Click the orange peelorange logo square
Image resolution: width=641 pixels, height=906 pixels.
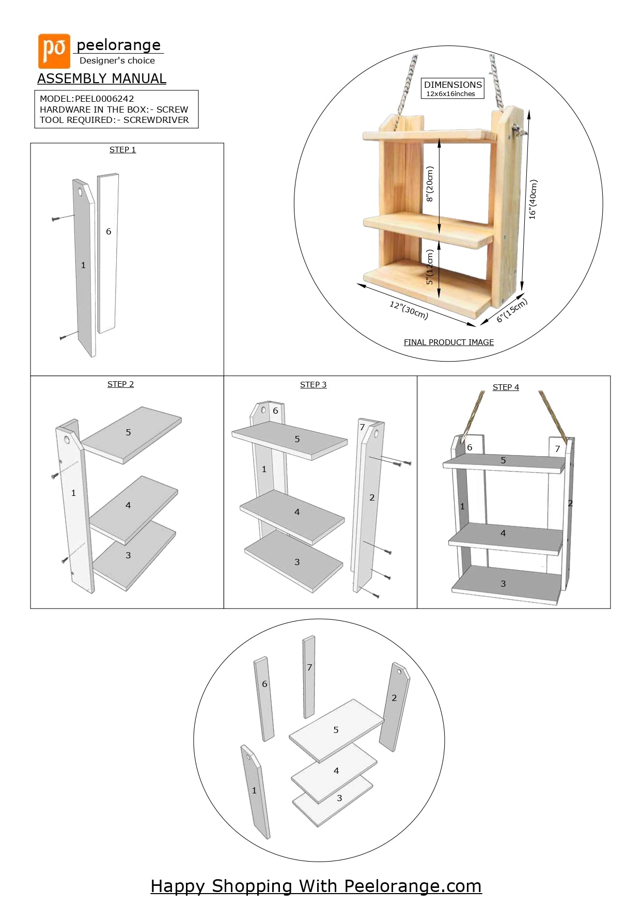54,51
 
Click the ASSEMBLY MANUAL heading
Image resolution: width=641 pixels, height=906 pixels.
102,79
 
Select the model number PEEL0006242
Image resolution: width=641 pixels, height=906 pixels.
104,99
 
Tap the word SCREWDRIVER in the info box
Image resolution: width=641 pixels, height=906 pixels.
156,120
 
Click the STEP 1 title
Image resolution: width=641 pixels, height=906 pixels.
122,150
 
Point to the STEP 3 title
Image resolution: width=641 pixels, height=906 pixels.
313,385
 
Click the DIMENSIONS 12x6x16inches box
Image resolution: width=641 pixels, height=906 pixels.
452,88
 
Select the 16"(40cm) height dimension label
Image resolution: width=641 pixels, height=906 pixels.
533,199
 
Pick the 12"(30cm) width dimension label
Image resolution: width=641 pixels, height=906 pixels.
409,310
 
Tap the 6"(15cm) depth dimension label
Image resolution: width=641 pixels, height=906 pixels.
511,310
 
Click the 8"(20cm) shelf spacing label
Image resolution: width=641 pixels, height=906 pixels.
430,184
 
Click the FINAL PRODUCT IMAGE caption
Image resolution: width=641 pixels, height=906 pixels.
448,342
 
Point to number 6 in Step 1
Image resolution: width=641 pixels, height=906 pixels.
108,231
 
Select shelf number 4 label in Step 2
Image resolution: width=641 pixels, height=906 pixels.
128,505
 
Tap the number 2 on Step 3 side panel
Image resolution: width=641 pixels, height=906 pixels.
372,497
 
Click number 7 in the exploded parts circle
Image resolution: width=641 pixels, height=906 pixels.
309,667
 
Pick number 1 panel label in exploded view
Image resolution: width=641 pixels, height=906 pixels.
254,790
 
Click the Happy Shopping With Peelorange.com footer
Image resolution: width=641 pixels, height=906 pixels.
316,886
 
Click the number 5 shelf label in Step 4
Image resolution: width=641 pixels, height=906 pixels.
503,460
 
